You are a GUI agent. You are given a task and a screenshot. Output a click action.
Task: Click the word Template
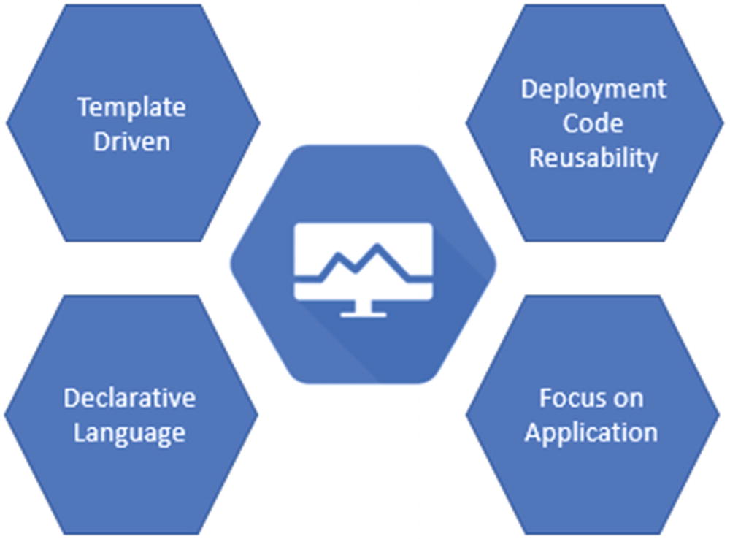pos(131,108)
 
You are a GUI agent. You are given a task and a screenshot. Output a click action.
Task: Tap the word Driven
pos(131,140)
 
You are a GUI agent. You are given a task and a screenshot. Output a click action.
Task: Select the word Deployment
pos(593,90)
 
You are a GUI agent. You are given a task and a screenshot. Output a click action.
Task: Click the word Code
pos(593,123)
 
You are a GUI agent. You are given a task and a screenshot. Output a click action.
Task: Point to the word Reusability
pos(593,157)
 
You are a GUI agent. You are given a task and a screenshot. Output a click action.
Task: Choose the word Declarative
pos(129,398)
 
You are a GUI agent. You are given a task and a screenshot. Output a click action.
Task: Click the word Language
pos(129,432)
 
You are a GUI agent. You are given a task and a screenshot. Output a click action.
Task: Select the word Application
pos(591,432)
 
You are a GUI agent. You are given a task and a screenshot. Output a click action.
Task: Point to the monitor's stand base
pos(363,314)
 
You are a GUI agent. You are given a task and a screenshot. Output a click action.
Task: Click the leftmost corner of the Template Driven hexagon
pos(8,123)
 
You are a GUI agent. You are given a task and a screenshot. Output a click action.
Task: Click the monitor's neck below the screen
pos(363,306)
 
